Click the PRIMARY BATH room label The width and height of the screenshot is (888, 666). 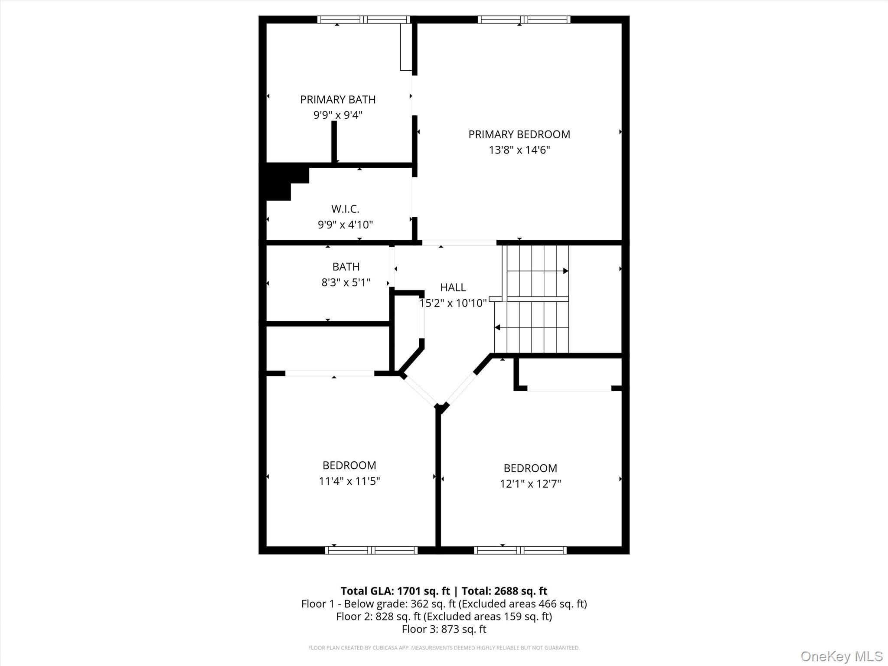coord(338,100)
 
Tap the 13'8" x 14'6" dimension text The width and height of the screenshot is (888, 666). coord(519,150)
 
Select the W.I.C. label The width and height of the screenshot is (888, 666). coord(345,209)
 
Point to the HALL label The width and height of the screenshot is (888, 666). coord(453,287)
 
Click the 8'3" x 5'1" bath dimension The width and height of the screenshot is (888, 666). coord(346,283)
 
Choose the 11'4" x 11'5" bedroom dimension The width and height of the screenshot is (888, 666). coord(349,481)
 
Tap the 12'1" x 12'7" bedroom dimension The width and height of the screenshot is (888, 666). coord(530,484)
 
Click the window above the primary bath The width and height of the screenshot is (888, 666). coord(363,20)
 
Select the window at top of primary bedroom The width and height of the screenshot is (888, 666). coord(523,20)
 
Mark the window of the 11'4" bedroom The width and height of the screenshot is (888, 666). coord(371,550)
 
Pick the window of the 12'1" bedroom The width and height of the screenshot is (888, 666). coord(520,550)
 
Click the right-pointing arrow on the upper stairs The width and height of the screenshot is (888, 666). coord(565,271)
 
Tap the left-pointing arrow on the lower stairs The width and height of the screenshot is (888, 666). coord(497,327)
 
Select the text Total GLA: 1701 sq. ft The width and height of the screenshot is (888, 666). coord(395,591)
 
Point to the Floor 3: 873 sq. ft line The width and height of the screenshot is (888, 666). coord(444,629)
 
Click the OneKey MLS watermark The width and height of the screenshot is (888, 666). coord(841,656)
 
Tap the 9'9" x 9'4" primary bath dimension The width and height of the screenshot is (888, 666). coord(338,115)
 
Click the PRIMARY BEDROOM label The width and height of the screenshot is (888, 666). coord(519,134)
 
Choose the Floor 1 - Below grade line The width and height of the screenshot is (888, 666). coord(444,604)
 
